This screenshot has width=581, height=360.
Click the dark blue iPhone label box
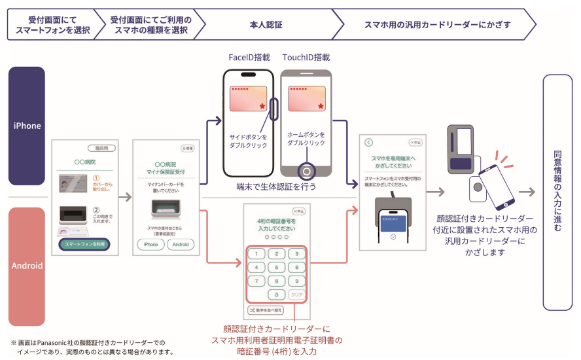click(26, 126)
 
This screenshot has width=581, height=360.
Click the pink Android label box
click(26, 266)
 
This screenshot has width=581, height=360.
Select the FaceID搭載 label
click(250, 58)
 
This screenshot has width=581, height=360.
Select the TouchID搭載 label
click(306, 58)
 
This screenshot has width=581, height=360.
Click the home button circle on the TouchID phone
click(306, 171)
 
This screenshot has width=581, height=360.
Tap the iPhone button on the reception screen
click(150, 244)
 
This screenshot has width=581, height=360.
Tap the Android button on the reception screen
click(181, 244)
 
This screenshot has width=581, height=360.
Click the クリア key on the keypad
click(296, 295)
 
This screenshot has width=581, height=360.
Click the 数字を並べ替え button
click(265, 310)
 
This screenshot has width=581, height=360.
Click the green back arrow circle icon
click(368, 142)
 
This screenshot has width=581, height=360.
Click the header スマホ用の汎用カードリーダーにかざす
click(437, 25)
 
